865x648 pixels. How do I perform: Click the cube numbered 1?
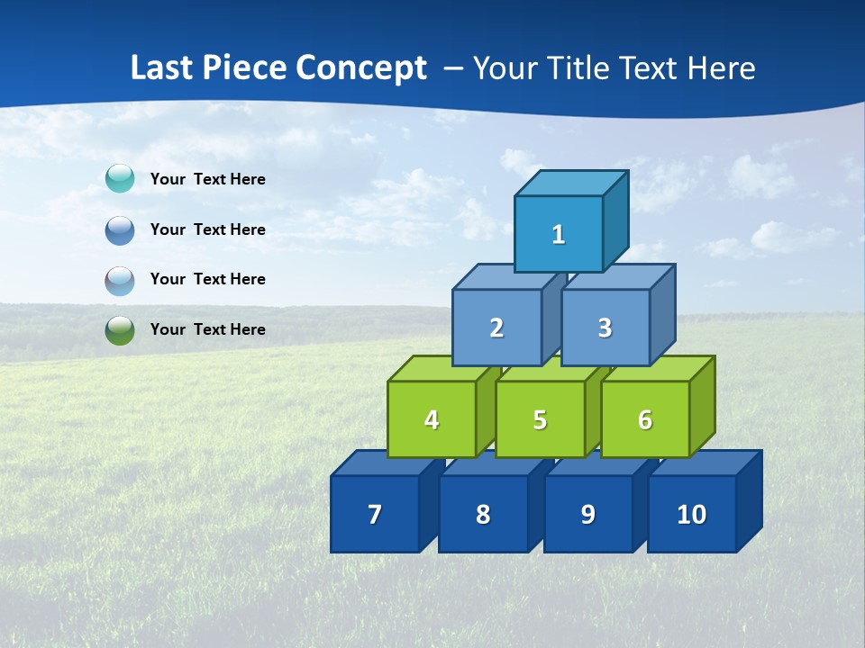(x=559, y=234)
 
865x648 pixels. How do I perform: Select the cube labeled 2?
(x=496, y=328)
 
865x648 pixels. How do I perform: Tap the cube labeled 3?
(x=605, y=328)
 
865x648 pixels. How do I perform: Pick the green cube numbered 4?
(x=432, y=419)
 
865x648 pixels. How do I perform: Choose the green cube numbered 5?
(x=540, y=419)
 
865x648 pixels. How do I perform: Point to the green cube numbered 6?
(x=645, y=419)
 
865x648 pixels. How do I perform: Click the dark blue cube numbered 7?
(x=375, y=514)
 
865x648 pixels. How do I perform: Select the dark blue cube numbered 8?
(x=483, y=514)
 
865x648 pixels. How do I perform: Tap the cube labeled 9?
(x=587, y=514)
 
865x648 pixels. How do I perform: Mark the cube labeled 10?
(x=691, y=514)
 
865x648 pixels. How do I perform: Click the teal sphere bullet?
(x=120, y=179)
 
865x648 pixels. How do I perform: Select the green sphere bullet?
(x=120, y=329)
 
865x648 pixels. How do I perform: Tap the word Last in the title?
(x=162, y=68)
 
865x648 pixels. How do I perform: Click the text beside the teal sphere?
(x=208, y=179)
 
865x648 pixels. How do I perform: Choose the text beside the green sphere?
(x=208, y=329)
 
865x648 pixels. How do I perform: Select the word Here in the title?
(x=722, y=68)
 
